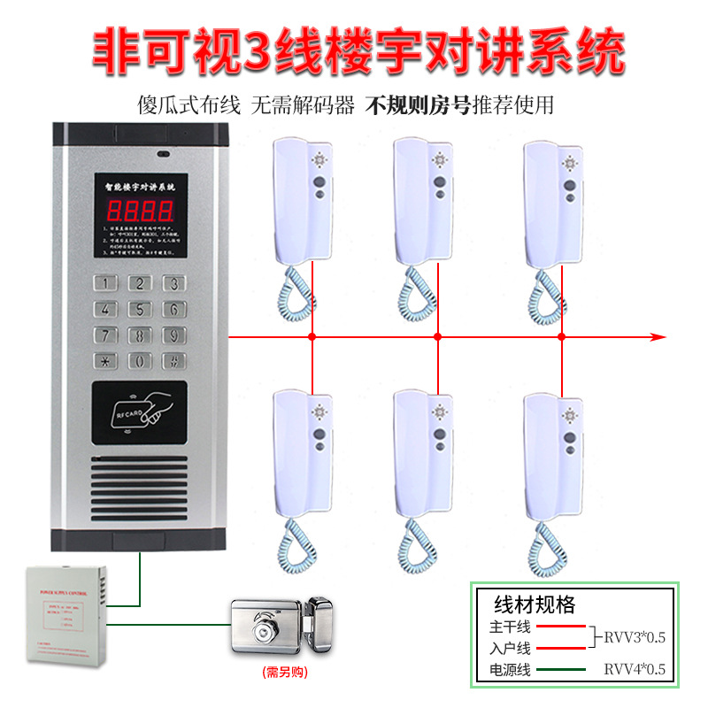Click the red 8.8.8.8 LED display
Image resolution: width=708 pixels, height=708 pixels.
(140, 210)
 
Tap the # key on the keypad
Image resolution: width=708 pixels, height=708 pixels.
(175, 361)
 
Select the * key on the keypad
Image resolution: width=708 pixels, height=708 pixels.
(106, 361)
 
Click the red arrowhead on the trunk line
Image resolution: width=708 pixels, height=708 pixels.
(657, 337)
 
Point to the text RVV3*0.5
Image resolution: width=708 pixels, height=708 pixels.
(635, 636)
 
